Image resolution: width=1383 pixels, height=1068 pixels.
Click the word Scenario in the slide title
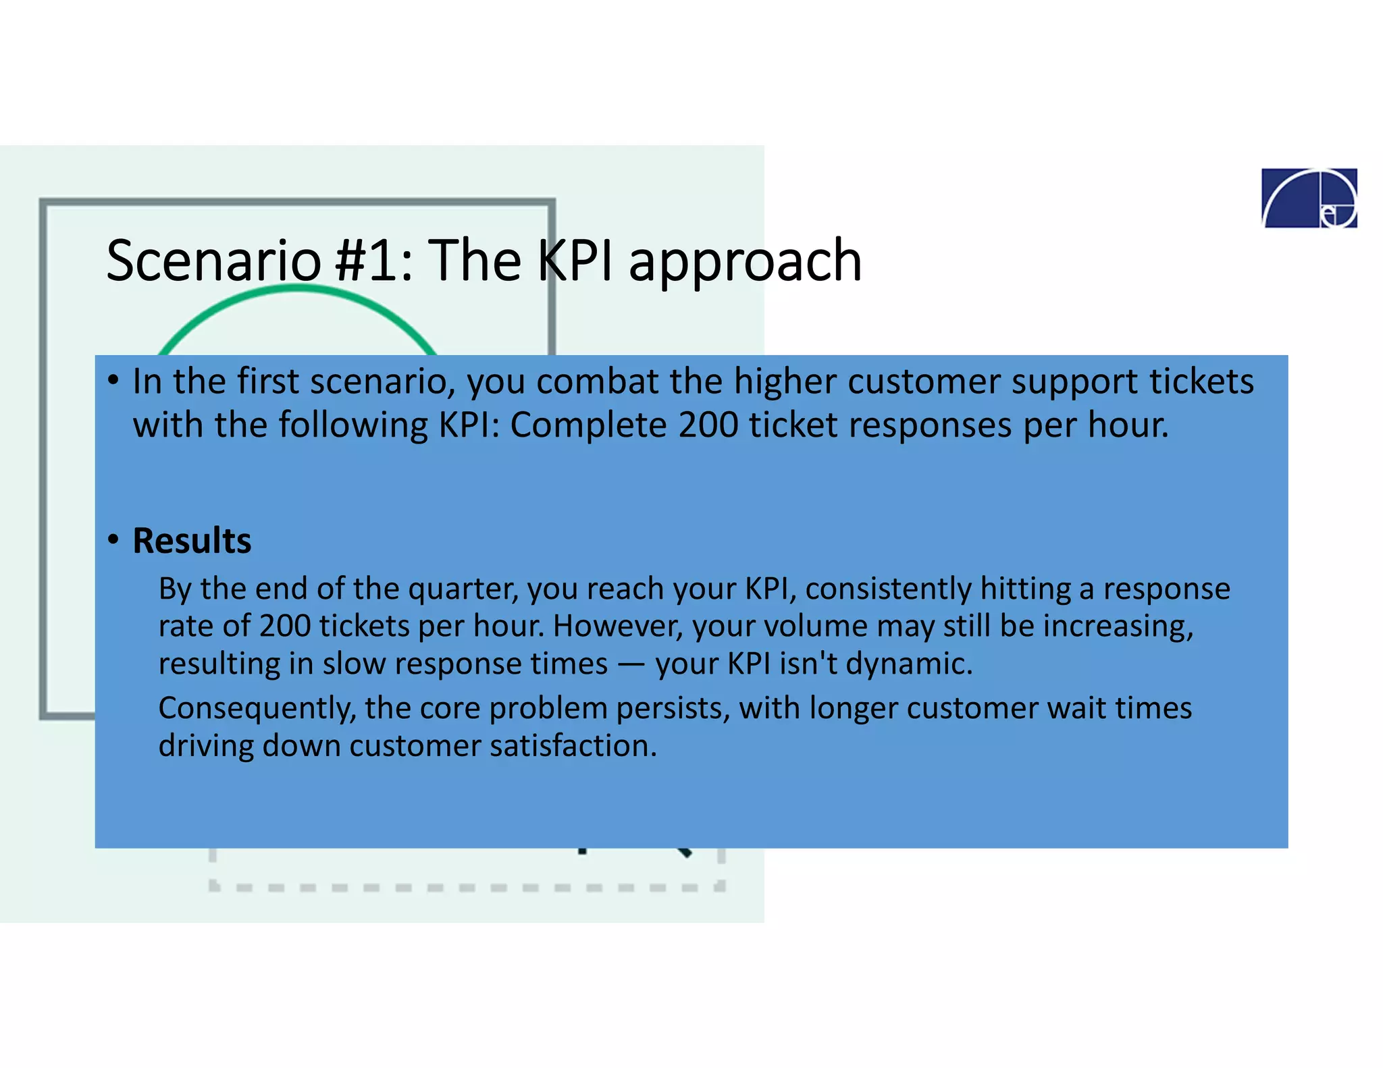(213, 261)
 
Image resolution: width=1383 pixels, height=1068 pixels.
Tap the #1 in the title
(365, 261)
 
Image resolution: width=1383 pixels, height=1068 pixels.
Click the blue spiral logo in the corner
(1309, 198)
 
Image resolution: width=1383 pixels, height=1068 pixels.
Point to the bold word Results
(192, 541)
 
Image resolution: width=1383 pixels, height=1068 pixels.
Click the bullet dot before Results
(113, 539)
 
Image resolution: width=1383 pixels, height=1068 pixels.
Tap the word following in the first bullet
(353, 425)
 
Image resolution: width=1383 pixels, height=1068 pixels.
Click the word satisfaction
(573, 746)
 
